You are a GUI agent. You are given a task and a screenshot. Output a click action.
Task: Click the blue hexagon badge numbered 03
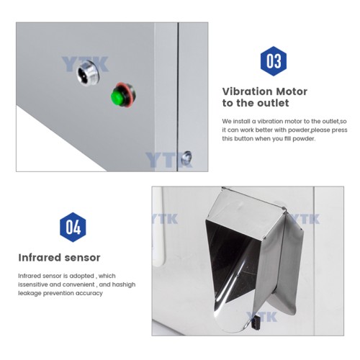coord(274,61)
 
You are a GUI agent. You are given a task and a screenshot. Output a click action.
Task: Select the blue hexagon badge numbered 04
coord(72,227)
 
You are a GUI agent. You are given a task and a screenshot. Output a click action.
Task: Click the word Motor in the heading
coord(291,91)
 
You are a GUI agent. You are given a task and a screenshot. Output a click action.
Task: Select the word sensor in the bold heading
coord(84,257)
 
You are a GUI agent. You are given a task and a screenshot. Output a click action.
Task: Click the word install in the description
coord(248,120)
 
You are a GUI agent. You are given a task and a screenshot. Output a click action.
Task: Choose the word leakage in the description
coord(30,294)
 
